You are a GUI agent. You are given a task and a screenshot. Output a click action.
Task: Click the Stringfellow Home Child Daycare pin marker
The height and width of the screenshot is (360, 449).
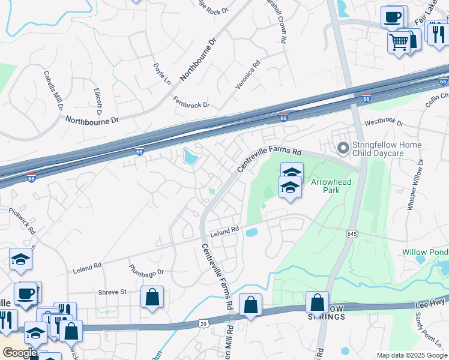click(343, 147)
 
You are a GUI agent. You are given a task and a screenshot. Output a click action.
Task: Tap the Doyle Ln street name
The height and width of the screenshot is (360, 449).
click(162, 73)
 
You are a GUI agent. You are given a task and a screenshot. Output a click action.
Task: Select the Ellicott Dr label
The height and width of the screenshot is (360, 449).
click(98, 102)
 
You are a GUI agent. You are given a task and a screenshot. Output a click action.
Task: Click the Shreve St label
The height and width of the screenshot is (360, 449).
click(112, 292)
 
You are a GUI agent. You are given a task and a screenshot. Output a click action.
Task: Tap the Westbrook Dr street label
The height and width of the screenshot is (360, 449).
click(384, 122)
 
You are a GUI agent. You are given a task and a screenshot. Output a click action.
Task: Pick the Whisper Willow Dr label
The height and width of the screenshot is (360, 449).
click(415, 184)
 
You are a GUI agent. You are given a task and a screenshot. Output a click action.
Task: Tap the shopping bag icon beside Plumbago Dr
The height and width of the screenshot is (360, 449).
click(152, 297)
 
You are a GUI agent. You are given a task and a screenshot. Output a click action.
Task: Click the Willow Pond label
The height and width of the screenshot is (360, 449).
click(422, 253)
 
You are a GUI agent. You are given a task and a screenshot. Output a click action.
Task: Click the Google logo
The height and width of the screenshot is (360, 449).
click(19, 352)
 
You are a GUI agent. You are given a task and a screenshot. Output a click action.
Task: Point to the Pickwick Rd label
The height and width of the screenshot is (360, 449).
click(22, 221)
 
